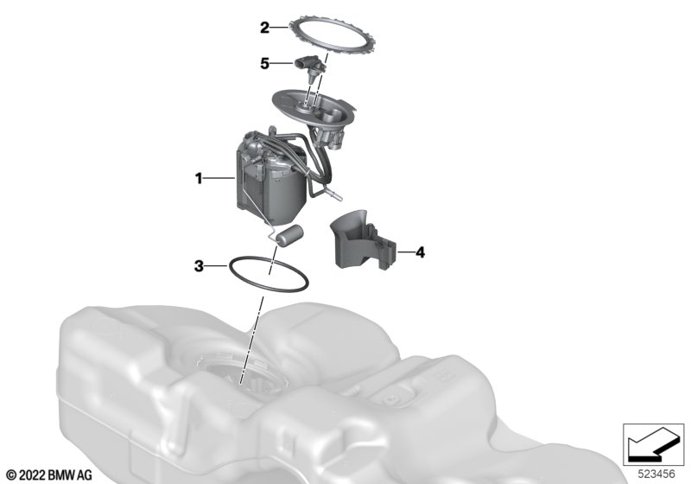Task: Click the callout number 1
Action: (199, 179)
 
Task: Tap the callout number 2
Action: (264, 28)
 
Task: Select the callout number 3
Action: (200, 266)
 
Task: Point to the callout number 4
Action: (421, 252)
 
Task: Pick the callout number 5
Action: (264, 63)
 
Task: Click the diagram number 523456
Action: (656, 474)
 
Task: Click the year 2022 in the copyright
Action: (32, 475)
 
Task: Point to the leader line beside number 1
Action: (219, 179)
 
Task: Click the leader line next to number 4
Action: (405, 252)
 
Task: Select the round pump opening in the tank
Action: (242, 375)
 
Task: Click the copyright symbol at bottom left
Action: (12, 475)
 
